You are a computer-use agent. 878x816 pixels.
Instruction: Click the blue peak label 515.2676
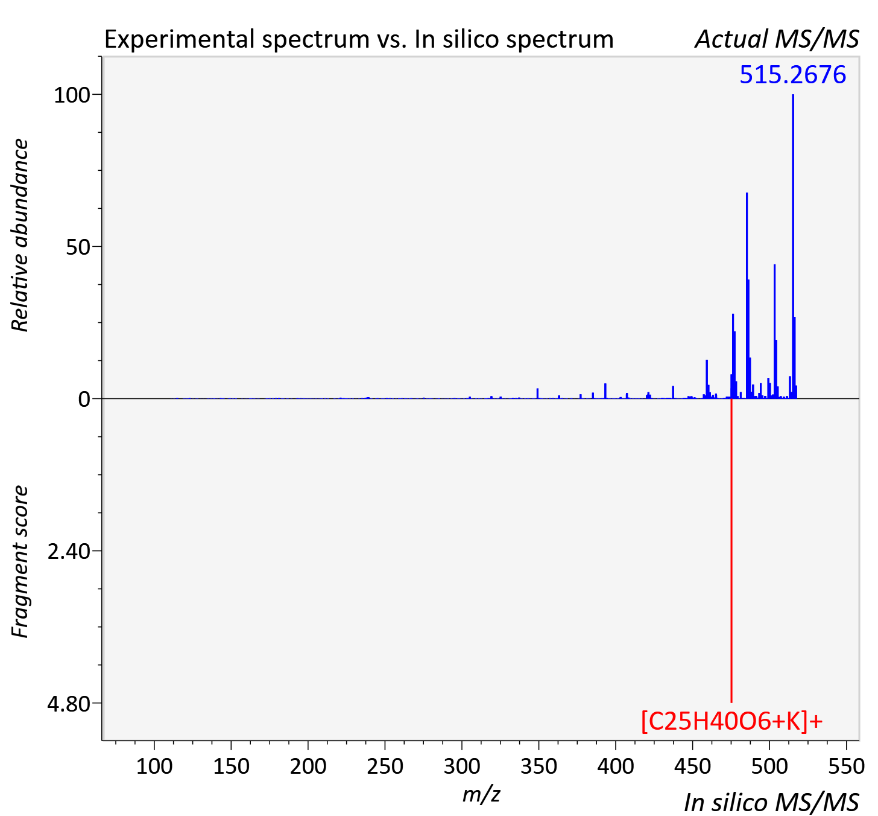[793, 75]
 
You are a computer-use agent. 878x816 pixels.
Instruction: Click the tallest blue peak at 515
[793, 246]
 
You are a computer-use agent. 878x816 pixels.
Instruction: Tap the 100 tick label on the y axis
[72, 95]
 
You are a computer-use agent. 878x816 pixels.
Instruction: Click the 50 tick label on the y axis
[78, 247]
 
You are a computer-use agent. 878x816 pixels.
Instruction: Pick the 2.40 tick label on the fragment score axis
[69, 552]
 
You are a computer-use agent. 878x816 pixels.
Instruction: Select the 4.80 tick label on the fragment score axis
[69, 704]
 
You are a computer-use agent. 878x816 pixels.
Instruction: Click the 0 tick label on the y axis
[84, 400]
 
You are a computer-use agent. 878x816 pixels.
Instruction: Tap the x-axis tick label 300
[462, 766]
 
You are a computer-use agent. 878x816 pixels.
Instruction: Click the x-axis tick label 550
[846, 766]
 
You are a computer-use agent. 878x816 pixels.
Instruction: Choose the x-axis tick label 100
[154, 766]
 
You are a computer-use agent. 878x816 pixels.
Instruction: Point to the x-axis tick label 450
[692, 766]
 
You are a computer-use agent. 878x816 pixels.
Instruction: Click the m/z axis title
[481, 794]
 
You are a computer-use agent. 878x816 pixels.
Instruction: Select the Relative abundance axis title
[19, 235]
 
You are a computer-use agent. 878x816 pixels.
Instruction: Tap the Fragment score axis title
[19, 561]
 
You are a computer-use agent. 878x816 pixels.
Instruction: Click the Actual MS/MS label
[777, 39]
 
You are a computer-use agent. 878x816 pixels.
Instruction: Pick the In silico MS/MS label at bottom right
[771, 802]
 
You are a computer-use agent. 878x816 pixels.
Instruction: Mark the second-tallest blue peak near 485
[747, 296]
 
